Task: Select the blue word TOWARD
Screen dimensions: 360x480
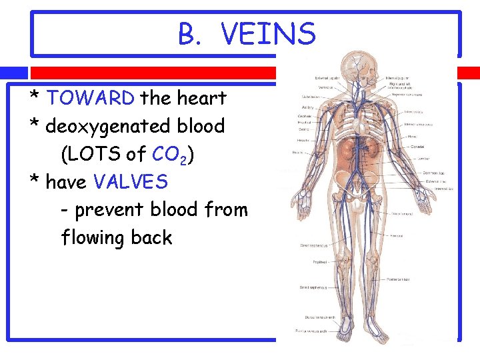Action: coord(91,99)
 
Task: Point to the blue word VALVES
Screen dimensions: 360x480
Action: coord(131,181)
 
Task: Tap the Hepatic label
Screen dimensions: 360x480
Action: coord(303,140)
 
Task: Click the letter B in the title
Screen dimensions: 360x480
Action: coord(187,34)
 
